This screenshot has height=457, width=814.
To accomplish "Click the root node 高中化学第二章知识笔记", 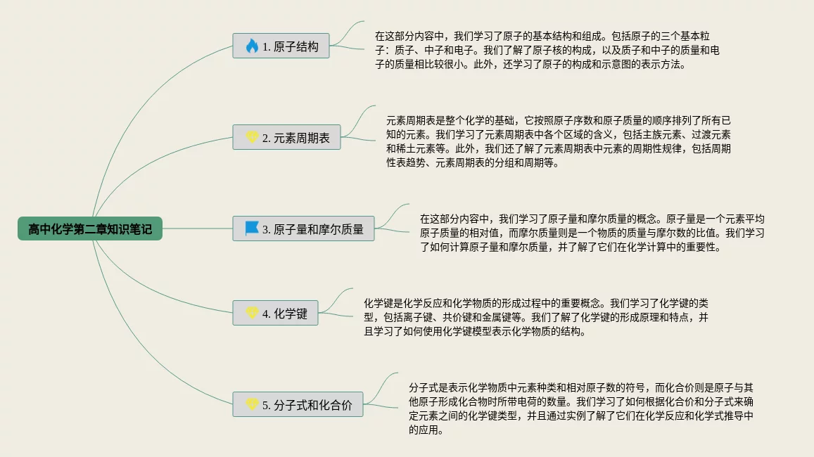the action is click(90, 228).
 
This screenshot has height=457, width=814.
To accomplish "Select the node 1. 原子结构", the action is click(281, 46).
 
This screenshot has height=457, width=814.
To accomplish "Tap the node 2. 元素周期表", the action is click(286, 138).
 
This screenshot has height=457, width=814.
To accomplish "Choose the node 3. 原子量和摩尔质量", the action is click(303, 228).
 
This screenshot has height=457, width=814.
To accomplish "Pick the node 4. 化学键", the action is click(275, 314).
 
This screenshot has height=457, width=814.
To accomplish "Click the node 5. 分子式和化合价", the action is click(298, 405).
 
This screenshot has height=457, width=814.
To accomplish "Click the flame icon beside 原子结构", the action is click(252, 46).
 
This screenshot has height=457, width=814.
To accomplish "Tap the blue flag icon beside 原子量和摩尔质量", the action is click(252, 228).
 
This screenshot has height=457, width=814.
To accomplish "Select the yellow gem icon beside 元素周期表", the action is click(252, 138).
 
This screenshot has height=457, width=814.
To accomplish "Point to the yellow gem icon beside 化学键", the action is click(252, 314).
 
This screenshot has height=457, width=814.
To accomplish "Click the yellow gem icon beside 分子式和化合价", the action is click(252, 405).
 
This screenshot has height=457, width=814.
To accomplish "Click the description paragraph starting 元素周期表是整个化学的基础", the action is click(558, 141).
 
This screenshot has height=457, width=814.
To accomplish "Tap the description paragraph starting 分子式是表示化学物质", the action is click(581, 408).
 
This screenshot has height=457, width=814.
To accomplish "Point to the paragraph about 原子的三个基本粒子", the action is click(547, 50).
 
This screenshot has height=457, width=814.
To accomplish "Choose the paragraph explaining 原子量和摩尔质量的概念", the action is click(592, 233).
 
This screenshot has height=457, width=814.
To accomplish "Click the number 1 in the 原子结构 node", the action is click(266, 47).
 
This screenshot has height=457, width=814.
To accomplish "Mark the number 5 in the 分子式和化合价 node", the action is click(266, 406).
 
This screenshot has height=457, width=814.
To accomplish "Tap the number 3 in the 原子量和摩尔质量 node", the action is click(266, 229).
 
